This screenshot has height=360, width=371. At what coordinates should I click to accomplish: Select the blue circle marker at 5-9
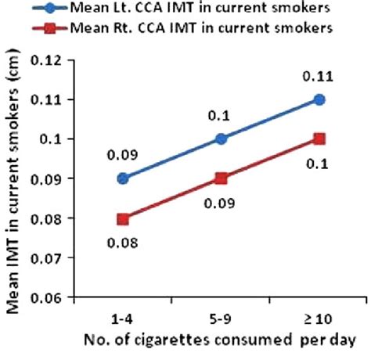pos(221,139)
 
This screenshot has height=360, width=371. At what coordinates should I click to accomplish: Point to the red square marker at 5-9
pos(221,178)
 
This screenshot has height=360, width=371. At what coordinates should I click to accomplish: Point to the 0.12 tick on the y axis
pos(73,59)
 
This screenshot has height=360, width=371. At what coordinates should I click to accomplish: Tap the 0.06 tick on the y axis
pos(73,297)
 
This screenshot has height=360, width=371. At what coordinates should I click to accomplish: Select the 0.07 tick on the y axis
pos(73,257)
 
